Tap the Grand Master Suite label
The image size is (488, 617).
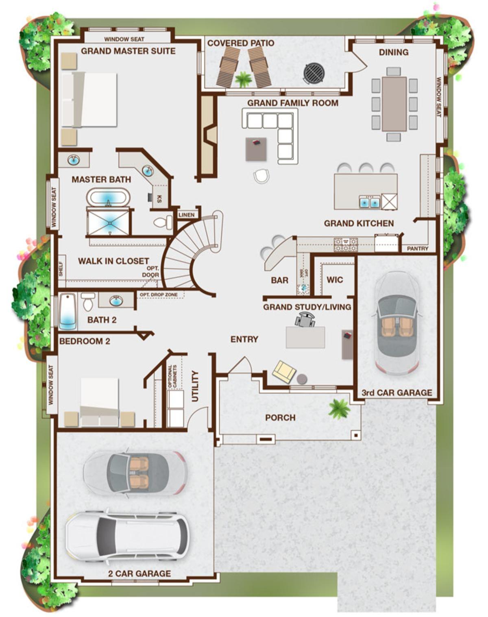tap(128, 51)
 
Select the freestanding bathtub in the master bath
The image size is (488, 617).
tap(109, 198)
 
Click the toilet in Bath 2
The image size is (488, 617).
tap(87, 301)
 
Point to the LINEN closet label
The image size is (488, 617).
tap(187, 215)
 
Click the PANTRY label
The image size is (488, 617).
tap(418, 249)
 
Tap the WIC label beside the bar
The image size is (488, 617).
tap(335, 280)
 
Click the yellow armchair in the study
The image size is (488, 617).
tap(284, 372)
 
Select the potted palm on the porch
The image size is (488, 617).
tap(340, 409)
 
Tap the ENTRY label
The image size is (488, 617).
tap(244, 339)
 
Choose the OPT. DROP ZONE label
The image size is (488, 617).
tap(159, 294)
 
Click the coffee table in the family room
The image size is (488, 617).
tap(256, 149)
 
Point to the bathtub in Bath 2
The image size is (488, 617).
tap(68, 312)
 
